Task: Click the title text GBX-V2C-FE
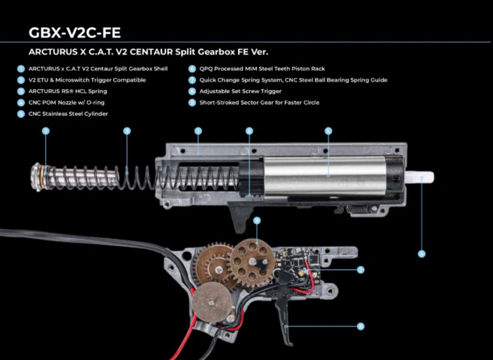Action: click(x=74, y=33)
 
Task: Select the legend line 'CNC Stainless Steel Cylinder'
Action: click(x=68, y=113)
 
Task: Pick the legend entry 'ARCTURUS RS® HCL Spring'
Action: click(x=68, y=91)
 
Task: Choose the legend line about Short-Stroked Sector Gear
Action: click(x=259, y=102)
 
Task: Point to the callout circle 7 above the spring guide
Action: click(x=45, y=130)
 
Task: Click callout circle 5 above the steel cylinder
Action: click(x=328, y=130)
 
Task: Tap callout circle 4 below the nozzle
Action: click(x=421, y=254)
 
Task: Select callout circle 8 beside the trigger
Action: click(x=361, y=327)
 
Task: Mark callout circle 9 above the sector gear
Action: click(x=257, y=220)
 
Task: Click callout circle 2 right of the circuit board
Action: click(x=361, y=269)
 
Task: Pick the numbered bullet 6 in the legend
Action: click(x=192, y=69)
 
